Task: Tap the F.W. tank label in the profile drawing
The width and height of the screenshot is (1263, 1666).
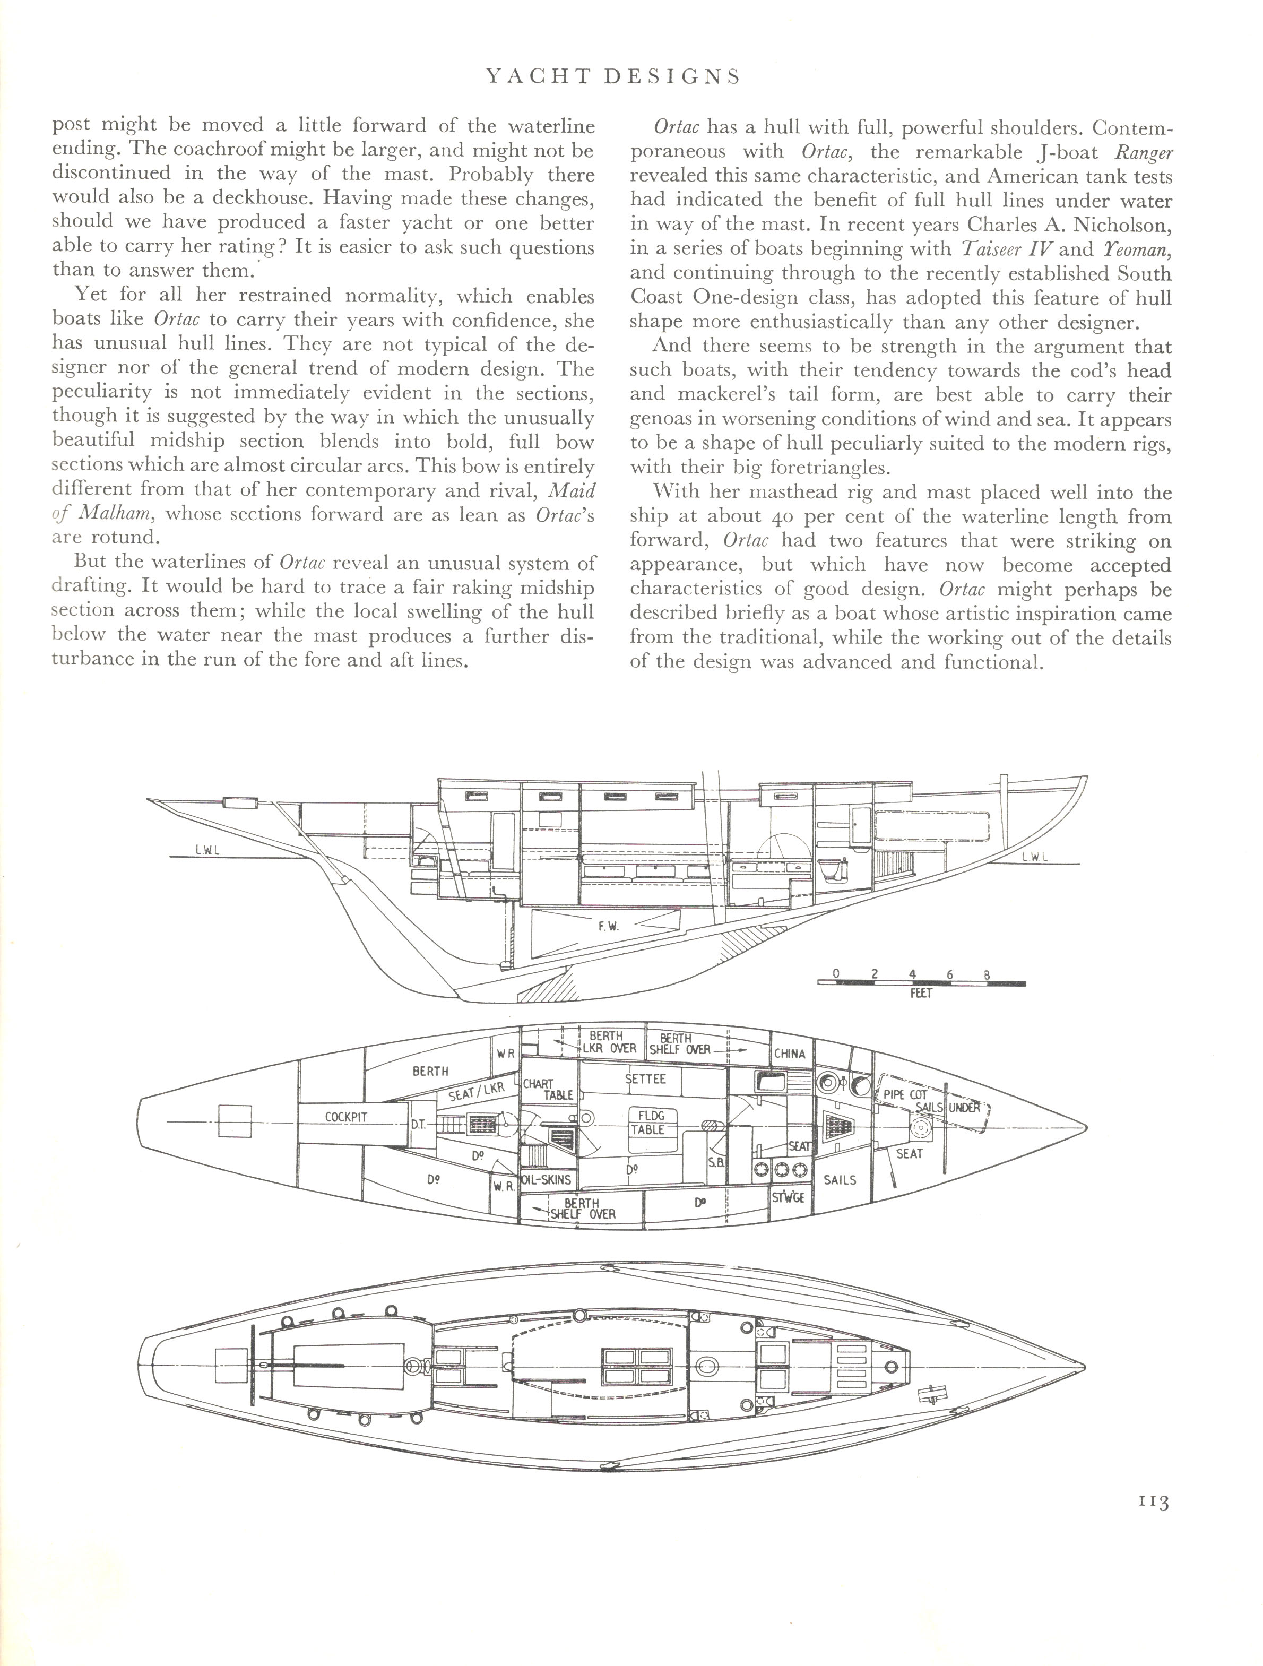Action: (x=608, y=926)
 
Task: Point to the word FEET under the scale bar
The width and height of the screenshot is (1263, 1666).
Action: (x=920, y=994)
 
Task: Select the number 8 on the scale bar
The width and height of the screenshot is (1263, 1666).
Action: (x=988, y=974)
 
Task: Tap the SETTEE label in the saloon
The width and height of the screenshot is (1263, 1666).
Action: (x=645, y=1078)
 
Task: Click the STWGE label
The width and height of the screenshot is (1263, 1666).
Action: (x=789, y=1196)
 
